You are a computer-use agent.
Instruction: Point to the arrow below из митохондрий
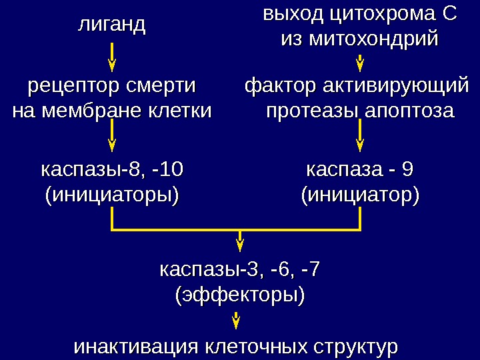[360, 63]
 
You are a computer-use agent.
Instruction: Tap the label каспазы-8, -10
[112, 170]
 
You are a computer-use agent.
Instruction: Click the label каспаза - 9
[360, 170]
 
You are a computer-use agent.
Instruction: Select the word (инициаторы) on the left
[112, 196]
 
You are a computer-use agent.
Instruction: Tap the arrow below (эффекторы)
[236, 323]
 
